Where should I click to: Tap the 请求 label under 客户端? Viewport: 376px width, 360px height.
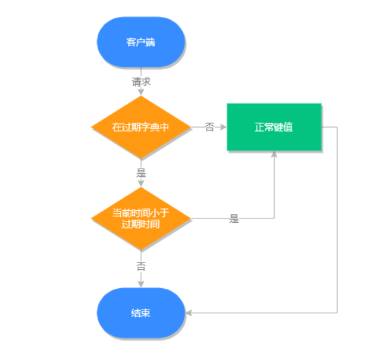coord(140,82)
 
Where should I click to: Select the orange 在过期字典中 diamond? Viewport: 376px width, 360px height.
coord(140,127)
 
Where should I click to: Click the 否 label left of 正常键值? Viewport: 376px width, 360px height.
coord(210,127)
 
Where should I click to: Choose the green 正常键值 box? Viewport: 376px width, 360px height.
coord(274,127)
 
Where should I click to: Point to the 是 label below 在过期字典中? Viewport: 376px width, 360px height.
coord(140,172)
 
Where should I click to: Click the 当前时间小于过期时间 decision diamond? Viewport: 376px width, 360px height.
coord(140,218)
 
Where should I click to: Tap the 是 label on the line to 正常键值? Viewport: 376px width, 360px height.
coord(234,219)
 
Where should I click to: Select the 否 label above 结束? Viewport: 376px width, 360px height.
coord(140,266)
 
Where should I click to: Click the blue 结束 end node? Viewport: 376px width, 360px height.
coord(140,313)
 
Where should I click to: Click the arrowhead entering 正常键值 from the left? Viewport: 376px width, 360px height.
coord(223,127)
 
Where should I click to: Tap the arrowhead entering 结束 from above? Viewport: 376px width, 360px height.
coord(140,284)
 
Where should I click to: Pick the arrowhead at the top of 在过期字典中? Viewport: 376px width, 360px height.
coord(140,93)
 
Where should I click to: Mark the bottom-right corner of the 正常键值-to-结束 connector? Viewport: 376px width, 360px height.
coord(337,313)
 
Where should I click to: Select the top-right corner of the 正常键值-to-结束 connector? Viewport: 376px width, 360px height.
coord(337,127)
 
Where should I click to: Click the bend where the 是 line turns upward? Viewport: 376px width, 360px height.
coord(274,218)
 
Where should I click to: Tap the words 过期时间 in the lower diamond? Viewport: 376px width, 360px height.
coord(140,224)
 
